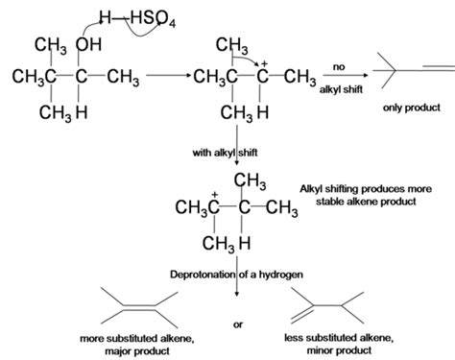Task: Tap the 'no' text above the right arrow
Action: (x=339, y=65)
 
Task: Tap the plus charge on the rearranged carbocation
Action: (x=215, y=194)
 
